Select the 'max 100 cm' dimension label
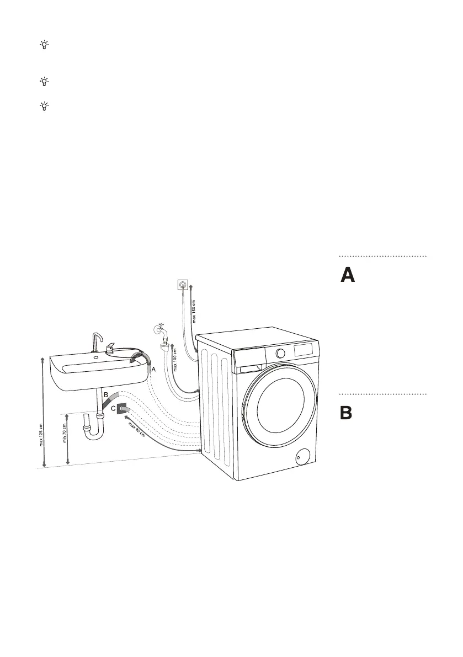tap(175, 360)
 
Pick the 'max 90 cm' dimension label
tap(137, 429)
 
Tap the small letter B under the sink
tap(105, 395)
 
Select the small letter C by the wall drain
tap(113, 409)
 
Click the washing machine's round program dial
tap(281, 353)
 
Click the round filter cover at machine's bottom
tap(301, 456)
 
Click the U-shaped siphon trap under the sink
tap(92, 430)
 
